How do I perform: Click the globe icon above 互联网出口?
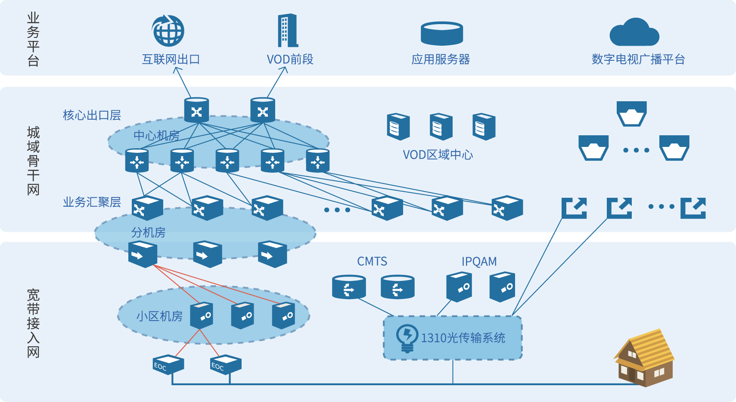pyautogui.click(x=168, y=31)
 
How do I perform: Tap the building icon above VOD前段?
pyautogui.click(x=288, y=30)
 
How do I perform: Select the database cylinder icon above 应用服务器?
pyautogui.click(x=441, y=34)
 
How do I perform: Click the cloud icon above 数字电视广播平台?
pyautogui.click(x=634, y=33)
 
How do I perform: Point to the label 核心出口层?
pyautogui.click(x=92, y=115)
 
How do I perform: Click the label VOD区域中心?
pyautogui.click(x=438, y=155)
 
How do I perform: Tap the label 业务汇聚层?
pyautogui.click(x=92, y=202)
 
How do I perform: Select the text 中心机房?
pyautogui.click(x=156, y=136)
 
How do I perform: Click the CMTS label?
pyautogui.click(x=372, y=262)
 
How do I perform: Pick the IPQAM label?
pyautogui.click(x=479, y=262)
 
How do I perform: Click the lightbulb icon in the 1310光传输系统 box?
pyautogui.click(x=407, y=338)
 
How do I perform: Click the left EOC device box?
pyautogui.click(x=168, y=365)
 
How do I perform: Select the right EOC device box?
pyautogui.click(x=225, y=365)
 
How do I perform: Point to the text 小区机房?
pyautogui.click(x=159, y=316)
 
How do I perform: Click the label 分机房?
pyautogui.click(x=148, y=233)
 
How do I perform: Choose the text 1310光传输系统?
pyautogui.click(x=463, y=338)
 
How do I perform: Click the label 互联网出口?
pyautogui.click(x=171, y=59)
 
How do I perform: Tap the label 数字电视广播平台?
pyautogui.click(x=638, y=59)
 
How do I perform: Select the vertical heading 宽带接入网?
pyautogui.click(x=33, y=323)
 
